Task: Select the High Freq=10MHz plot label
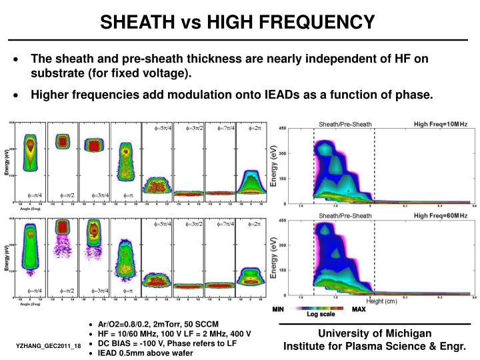[441, 124]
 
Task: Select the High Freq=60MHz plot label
[441, 216]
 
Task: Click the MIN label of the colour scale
[278, 309]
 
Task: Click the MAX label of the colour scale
[359, 309]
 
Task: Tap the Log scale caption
[321, 314]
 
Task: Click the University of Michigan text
[374, 333]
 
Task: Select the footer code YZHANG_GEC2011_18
[49, 346]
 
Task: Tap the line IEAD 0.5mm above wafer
[145, 353]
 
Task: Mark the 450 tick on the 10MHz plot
[282, 128]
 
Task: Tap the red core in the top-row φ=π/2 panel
[63, 142]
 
